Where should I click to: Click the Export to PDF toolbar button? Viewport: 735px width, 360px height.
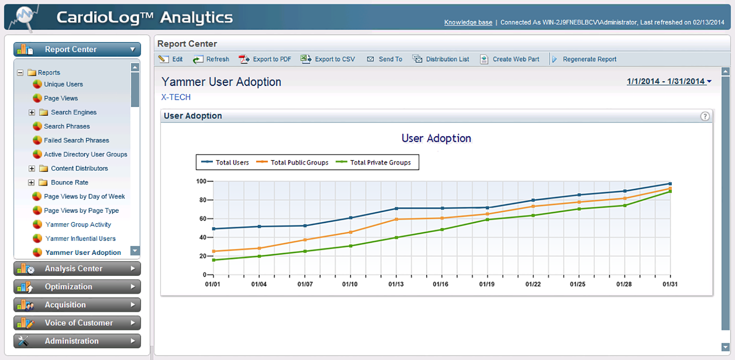click(x=265, y=59)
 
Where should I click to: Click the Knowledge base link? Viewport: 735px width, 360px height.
click(x=468, y=22)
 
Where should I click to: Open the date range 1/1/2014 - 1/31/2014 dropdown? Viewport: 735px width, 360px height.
click(x=669, y=81)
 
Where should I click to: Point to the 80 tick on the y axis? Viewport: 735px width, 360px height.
click(x=202, y=200)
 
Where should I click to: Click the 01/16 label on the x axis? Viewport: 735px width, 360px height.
click(x=440, y=284)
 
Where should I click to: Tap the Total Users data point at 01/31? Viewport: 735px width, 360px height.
click(x=670, y=184)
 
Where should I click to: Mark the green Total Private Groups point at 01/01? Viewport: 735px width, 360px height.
click(x=213, y=260)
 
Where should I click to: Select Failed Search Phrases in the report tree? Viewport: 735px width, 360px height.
click(x=76, y=140)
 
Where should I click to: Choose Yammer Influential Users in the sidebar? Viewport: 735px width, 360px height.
click(x=80, y=239)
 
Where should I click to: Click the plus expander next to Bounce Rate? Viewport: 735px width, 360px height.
click(x=31, y=182)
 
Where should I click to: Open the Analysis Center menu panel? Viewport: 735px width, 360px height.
click(x=77, y=269)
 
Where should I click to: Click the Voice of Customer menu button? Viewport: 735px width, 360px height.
click(x=77, y=323)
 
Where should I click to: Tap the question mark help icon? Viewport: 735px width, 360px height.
click(x=705, y=116)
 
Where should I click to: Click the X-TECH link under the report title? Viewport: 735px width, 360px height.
click(x=176, y=97)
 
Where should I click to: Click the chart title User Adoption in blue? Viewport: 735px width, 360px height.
click(x=436, y=138)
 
